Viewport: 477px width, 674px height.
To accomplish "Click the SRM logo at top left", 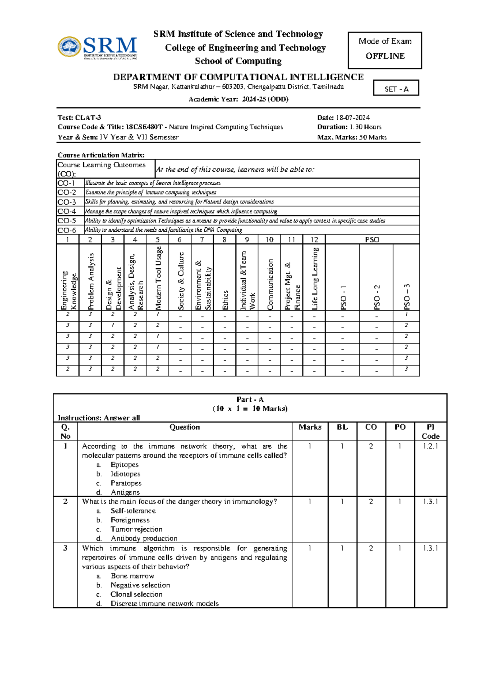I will [97, 48].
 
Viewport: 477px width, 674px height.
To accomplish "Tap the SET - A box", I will [396, 89].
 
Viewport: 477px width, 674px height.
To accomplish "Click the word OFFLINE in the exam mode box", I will [385, 56].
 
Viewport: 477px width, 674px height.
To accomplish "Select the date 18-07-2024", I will [353, 118].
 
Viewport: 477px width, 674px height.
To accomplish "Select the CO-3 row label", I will [67, 202].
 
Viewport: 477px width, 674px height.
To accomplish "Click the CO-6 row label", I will [67, 230].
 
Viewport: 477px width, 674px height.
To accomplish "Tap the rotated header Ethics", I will [225, 300].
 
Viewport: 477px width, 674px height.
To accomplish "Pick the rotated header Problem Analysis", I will [91, 281].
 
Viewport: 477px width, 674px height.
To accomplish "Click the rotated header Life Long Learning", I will [314, 278].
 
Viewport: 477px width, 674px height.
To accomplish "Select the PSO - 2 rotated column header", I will [376, 297].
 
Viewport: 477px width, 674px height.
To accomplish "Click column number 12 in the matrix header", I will [314, 240].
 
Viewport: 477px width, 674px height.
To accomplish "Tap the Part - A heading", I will [250, 399].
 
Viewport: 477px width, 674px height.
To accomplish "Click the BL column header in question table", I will [342, 427].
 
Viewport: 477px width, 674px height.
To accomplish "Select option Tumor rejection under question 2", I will [136, 529].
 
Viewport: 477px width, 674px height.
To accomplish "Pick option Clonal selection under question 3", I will [136, 595].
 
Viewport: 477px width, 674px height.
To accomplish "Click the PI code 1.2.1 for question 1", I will [430, 446].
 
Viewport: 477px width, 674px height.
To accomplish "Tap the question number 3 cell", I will [65, 548].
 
